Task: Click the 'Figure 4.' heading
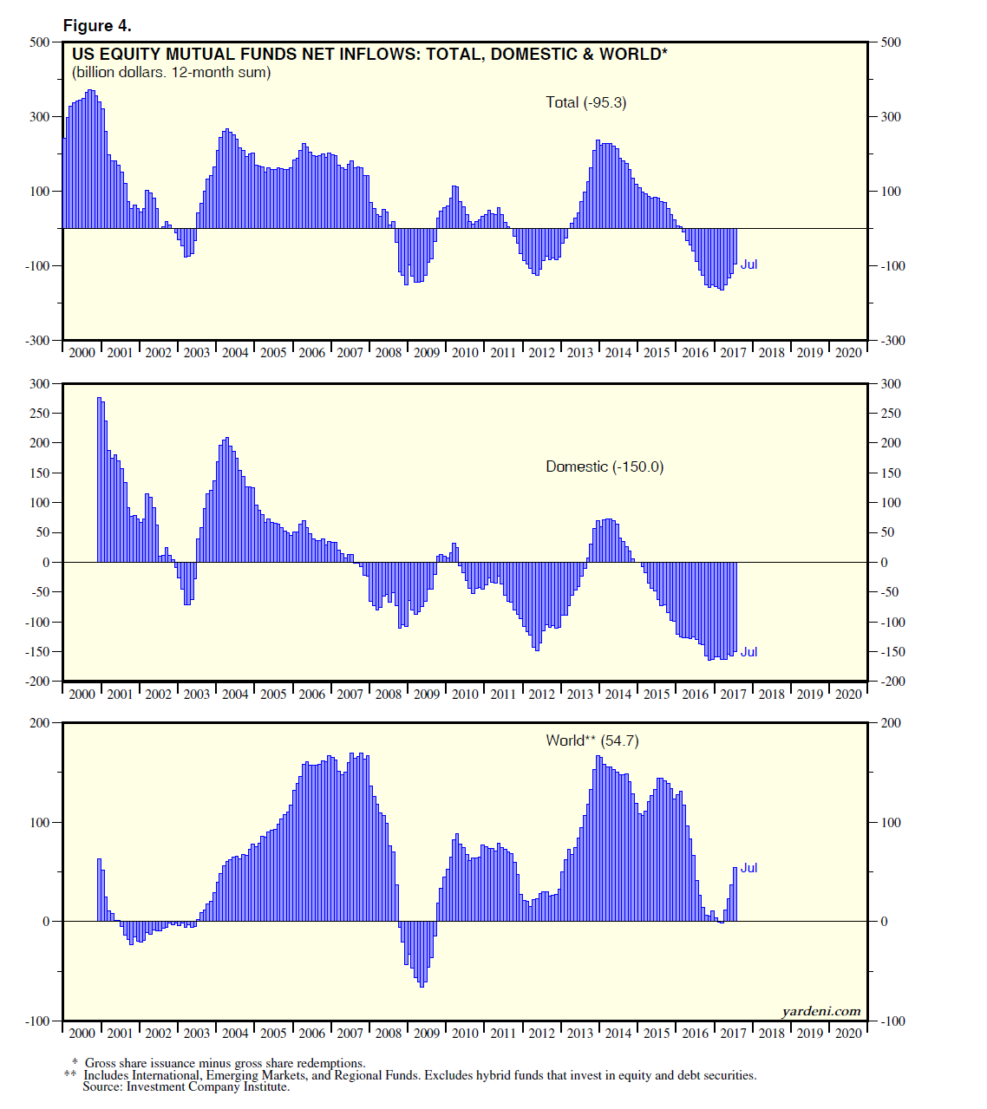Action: pyautogui.click(x=97, y=26)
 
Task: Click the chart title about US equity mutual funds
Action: pyautogui.click(x=369, y=54)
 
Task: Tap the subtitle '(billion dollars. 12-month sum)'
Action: pyautogui.click(x=172, y=72)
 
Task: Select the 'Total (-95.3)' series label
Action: pyautogui.click(x=585, y=102)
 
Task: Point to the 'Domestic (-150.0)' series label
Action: pyautogui.click(x=605, y=466)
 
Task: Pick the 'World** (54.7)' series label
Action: pyautogui.click(x=592, y=740)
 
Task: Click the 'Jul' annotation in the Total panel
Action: pyautogui.click(x=748, y=264)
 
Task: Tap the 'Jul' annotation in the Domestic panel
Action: pyautogui.click(x=748, y=652)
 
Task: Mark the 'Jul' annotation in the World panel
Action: pyautogui.click(x=748, y=868)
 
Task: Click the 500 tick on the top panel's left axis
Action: pyautogui.click(x=40, y=42)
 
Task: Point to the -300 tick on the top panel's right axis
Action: pyautogui.click(x=892, y=340)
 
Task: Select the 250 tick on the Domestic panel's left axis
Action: pyautogui.click(x=40, y=413)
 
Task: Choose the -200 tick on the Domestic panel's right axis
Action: pyautogui.click(x=892, y=681)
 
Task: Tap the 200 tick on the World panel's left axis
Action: pyautogui.click(x=40, y=722)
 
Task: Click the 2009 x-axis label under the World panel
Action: pyautogui.click(x=427, y=1033)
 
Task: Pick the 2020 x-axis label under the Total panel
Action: pyautogui.click(x=848, y=352)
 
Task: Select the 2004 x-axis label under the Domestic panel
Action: pyautogui.click(x=235, y=694)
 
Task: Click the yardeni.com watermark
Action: pyautogui.click(x=820, y=1011)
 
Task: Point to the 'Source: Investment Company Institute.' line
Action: pyautogui.click(x=186, y=1086)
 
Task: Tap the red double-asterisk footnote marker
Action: pyautogui.click(x=70, y=1075)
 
